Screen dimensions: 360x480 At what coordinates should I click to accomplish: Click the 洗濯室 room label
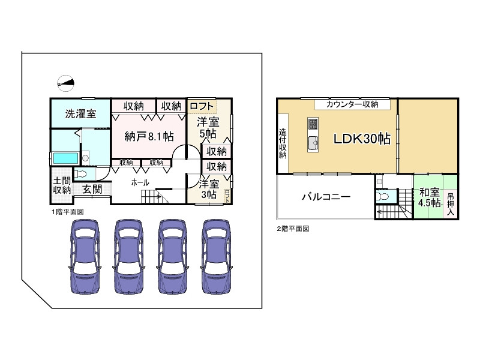[x=80, y=115]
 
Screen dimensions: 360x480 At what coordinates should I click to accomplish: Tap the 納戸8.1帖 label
[x=149, y=136]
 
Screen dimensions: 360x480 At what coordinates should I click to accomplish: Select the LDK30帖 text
[x=362, y=139]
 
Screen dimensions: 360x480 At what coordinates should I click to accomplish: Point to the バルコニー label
[x=326, y=196]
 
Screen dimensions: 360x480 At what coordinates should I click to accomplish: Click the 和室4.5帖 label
[x=429, y=197]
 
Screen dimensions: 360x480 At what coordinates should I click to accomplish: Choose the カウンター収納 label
[x=352, y=104]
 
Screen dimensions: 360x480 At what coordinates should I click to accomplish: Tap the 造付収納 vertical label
[x=283, y=144]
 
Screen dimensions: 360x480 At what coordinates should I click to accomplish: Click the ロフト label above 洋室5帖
[x=201, y=106]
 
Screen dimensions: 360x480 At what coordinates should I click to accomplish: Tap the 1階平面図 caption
[x=67, y=212]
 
